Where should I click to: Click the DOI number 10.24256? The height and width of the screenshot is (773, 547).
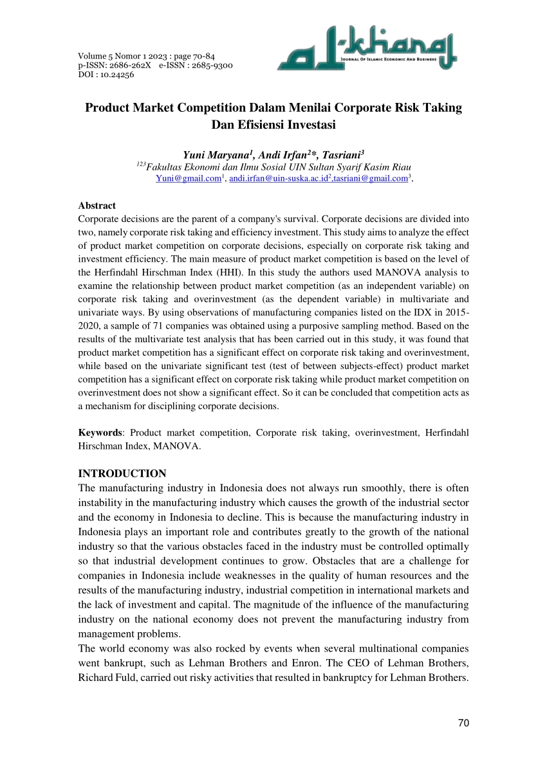[119, 75]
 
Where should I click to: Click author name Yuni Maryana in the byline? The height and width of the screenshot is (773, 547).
[219, 155]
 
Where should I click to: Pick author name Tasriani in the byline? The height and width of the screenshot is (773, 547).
[341, 155]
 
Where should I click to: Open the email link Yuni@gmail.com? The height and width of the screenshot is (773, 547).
[188, 178]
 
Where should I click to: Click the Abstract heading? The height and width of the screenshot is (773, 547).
[97, 206]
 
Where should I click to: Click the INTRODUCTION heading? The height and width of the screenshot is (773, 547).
[122, 474]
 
